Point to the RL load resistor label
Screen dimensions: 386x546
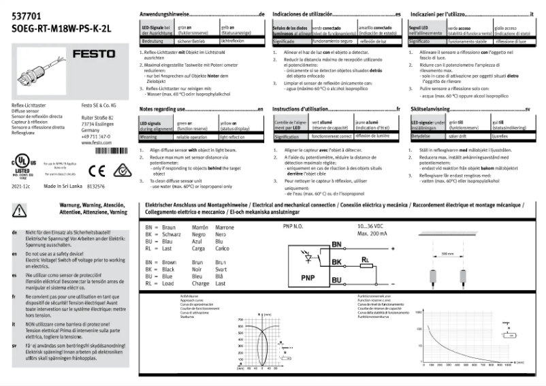(x=366, y=259)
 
